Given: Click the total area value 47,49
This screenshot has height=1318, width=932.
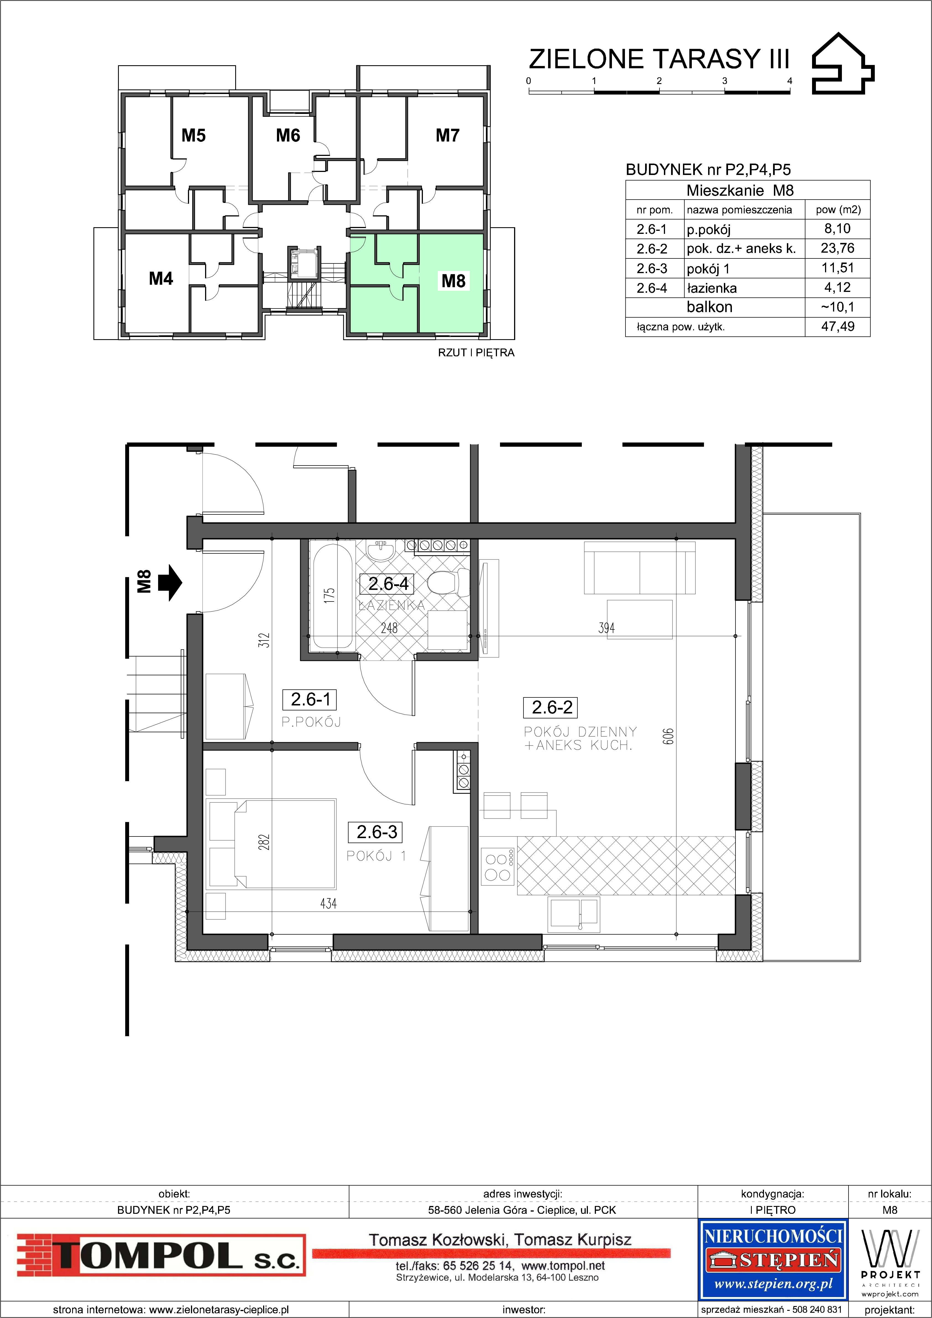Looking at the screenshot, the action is click(838, 327).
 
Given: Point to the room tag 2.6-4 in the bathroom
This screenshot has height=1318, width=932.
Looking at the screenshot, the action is click(389, 584).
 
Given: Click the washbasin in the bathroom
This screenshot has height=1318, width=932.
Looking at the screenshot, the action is click(380, 552).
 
